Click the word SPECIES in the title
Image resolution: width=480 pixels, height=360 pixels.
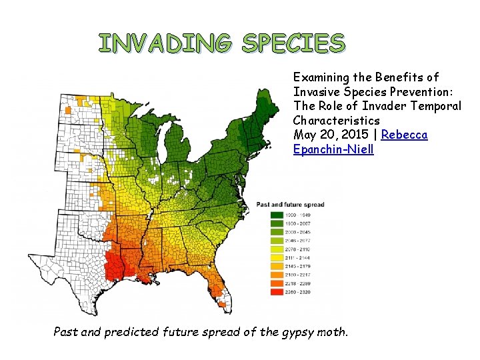click(293, 43)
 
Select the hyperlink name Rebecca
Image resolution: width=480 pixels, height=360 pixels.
click(405, 135)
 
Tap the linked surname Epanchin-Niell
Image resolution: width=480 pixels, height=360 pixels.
click(333, 149)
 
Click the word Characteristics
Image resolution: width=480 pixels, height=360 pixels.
click(336, 121)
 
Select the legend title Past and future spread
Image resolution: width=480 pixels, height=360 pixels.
click(295, 204)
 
